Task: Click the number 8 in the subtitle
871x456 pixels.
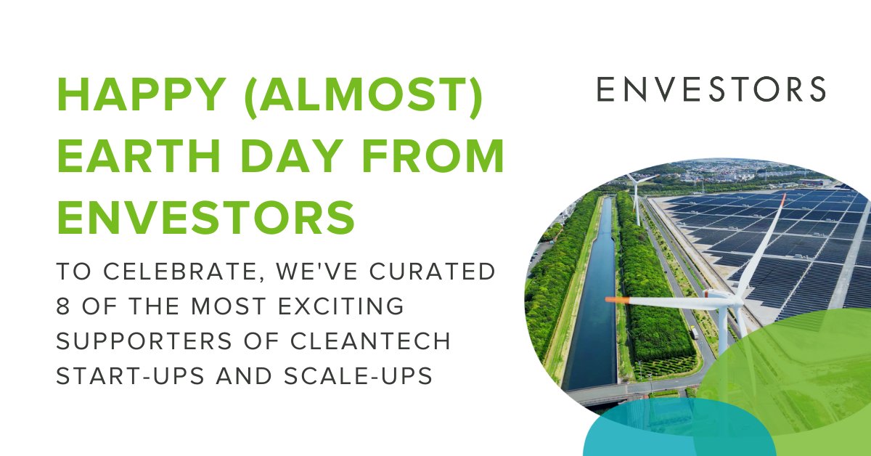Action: (x=65, y=306)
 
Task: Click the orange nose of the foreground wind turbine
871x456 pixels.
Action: (x=613, y=299)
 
